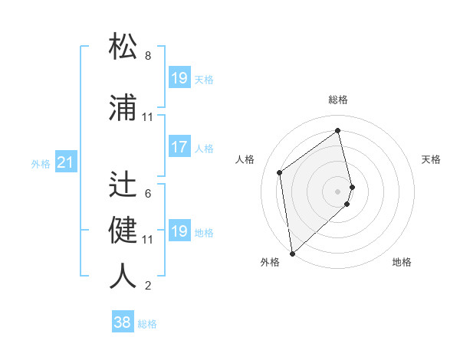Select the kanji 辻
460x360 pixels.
(123, 184)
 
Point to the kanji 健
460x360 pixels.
(123, 230)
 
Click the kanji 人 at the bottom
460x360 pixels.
(123, 276)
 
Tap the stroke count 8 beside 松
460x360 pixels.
(148, 56)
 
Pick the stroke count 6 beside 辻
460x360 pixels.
(148, 194)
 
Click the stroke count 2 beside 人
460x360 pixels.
(148, 286)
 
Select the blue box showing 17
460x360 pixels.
(179, 148)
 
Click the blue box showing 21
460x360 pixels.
(65, 163)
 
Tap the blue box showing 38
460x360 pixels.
(123, 323)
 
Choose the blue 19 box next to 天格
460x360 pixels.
(179, 78)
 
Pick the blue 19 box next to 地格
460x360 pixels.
(179, 231)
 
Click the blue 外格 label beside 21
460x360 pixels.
(41, 164)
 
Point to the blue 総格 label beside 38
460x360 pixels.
(147, 324)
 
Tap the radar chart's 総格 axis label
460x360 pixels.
(338, 100)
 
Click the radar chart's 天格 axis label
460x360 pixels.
(432, 159)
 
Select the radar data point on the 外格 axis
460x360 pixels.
(292, 253)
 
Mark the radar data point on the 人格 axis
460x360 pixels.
(280, 172)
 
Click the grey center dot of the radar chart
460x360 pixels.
(338, 191)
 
